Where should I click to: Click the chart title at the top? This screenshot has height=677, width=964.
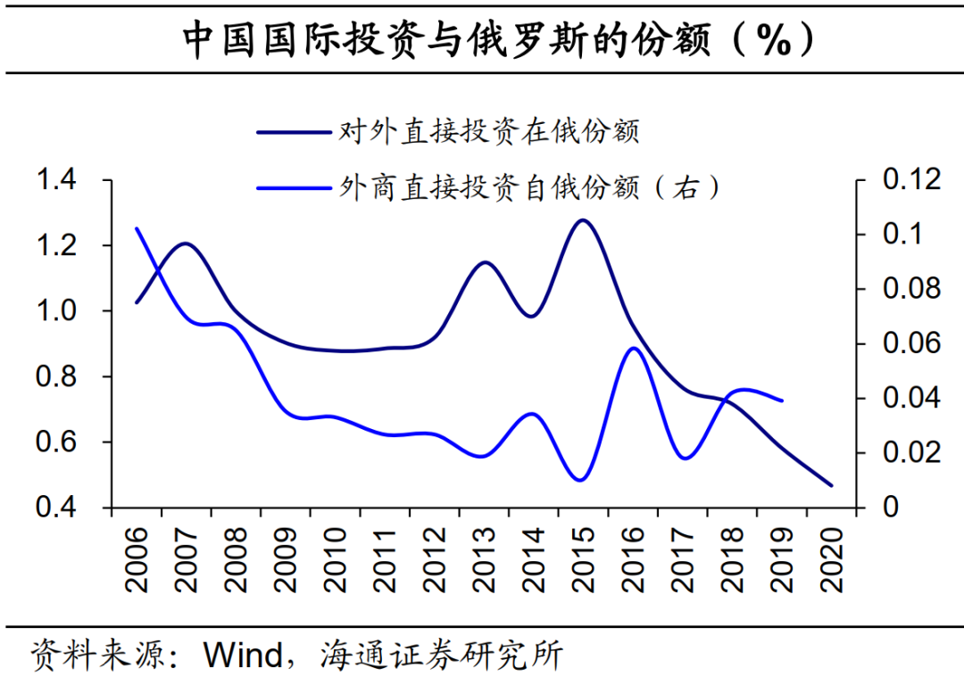tap(481, 40)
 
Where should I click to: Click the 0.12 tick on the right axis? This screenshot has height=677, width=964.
tap(910, 180)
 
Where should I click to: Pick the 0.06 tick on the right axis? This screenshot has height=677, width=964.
tap(910, 344)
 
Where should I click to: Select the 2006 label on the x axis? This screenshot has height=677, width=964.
tap(137, 560)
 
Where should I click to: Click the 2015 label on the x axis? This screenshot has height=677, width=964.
tap(584, 560)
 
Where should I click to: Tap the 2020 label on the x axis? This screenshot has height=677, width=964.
tap(832, 560)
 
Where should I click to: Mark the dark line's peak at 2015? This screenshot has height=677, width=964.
tap(583, 219)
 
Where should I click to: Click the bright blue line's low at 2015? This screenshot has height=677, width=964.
tap(581, 481)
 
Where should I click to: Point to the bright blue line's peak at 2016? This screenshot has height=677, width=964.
tap(633, 348)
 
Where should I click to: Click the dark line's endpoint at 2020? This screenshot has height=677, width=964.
tap(831, 486)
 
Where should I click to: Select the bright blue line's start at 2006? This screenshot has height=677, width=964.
tap(136, 228)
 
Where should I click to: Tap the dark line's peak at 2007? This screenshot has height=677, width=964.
tap(186, 243)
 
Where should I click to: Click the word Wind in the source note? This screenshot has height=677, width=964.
tap(243, 656)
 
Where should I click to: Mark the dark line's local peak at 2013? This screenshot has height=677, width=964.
tap(484, 262)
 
